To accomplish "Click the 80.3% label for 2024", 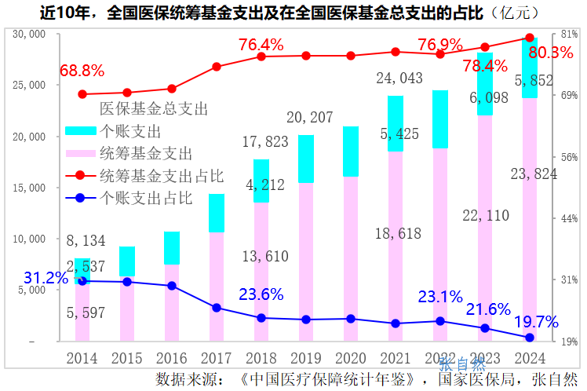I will pyautogui.click(x=551, y=53).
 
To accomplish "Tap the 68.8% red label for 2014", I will pyautogui.click(x=82, y=71).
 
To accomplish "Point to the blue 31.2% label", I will pyautogui.click(x=46, y=278).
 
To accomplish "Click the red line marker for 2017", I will pyautogui.click(x=217, y=67).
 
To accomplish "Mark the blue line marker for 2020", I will pyautogui.click(x=351, y=319).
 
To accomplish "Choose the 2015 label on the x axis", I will pyautogui.click(x=127, y=358).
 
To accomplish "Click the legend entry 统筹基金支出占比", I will pyautogui.click(x=162, y=174).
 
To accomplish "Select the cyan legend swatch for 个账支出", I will pyautogui.click(x=81, y=130).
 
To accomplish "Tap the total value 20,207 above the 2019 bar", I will pyautogui.click(x=311, y=118).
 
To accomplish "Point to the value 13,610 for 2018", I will pyautogui.click(x=264, y=256).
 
